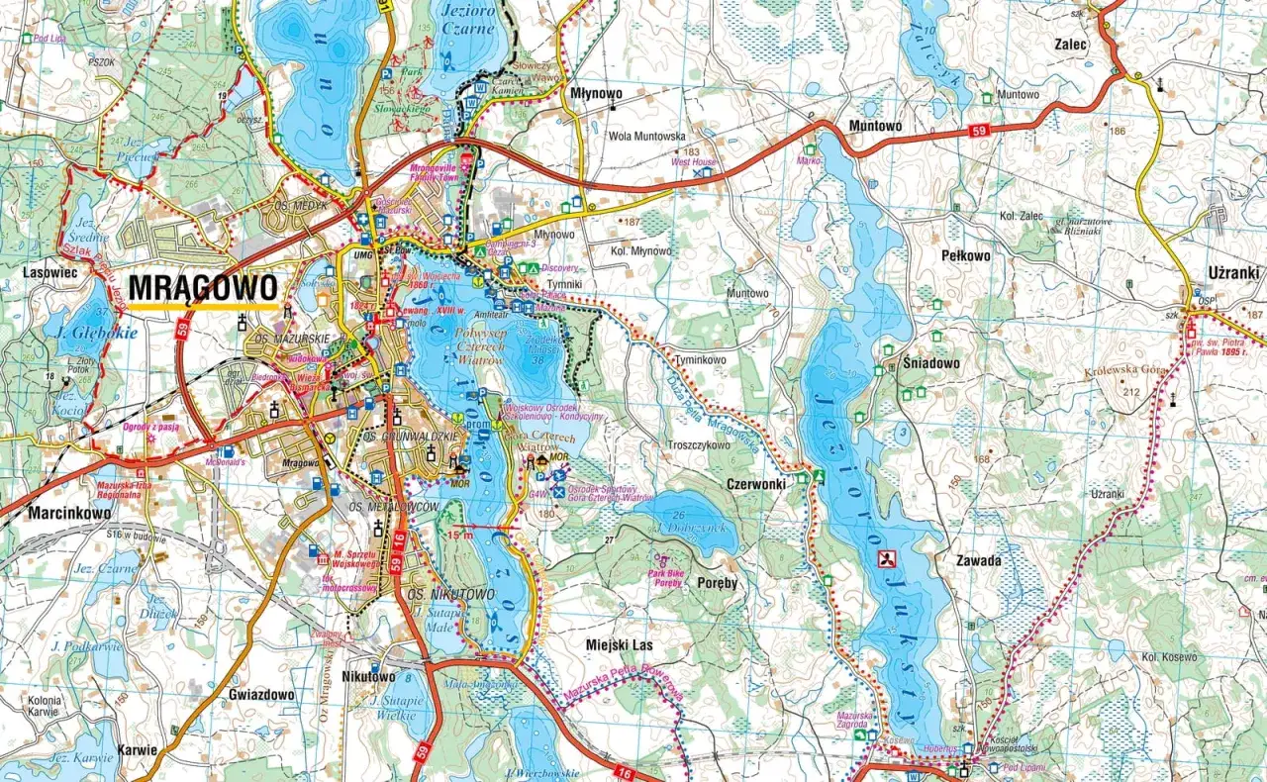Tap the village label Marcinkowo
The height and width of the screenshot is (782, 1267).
[x=69, y=514]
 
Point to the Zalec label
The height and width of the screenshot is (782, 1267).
[x=1071, y=45]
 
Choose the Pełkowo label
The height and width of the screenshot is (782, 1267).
[x=965, y=255]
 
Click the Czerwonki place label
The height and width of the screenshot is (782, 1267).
[x=756, y=485]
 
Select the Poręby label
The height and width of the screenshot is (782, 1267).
[x=718, y=582]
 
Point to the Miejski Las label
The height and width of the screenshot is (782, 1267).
[x=620, y=644]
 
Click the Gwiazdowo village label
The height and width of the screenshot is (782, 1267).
[x=261, y=695]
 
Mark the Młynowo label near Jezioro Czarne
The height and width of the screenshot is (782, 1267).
[x=597, y=93]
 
